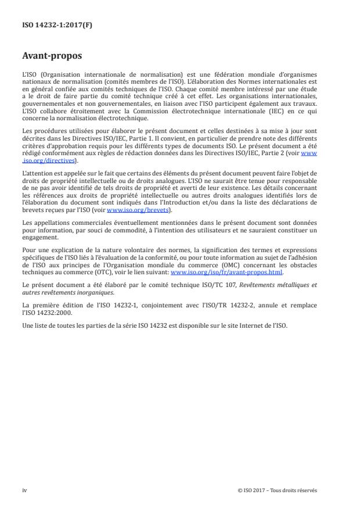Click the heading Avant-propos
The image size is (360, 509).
coord(51,57)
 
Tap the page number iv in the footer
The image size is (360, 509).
coord(24,490)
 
